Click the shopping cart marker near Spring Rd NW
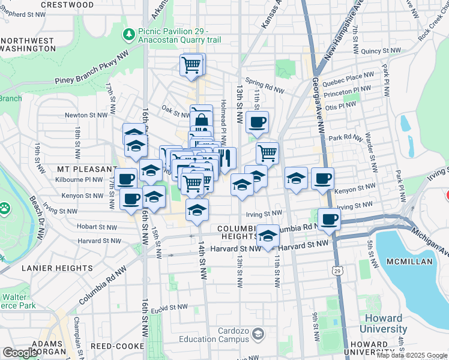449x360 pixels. point(192,64)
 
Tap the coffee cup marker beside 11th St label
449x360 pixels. point(257,122)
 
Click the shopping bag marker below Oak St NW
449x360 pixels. point(202,120)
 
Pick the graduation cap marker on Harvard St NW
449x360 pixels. point(268,235)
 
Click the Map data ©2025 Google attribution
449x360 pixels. point(412,355)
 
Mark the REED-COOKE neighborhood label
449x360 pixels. point(117,346)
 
